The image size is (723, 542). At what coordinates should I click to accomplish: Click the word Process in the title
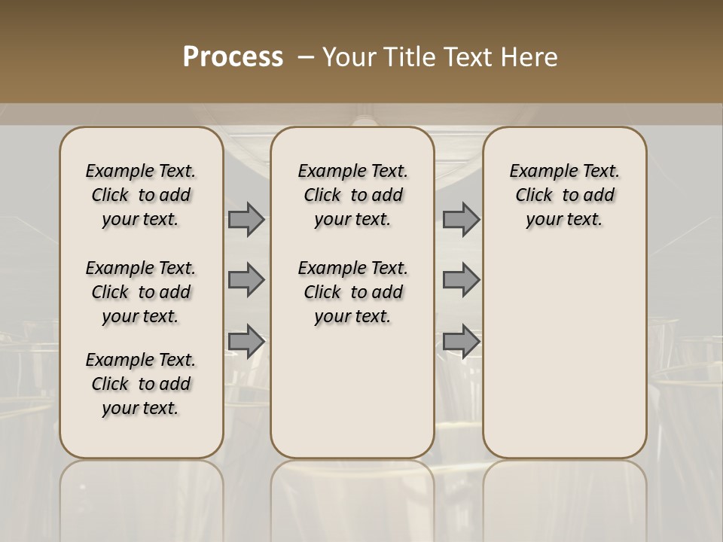tap(233, 56)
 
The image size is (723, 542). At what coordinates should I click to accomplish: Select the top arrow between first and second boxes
tap(246, 219)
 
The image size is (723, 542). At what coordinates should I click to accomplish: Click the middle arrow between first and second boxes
tap(246, 280)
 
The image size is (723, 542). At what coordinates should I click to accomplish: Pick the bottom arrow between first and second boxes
tap(246, 341)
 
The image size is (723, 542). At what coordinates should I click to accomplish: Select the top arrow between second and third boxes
tap(461, 219)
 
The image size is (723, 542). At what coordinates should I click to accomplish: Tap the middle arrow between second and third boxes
tap(461, 280)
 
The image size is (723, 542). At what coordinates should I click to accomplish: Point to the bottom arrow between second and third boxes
tap(461, 341)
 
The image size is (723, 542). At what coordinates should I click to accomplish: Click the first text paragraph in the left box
tap(141, 195)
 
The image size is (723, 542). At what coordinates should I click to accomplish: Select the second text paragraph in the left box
tap(141, 292)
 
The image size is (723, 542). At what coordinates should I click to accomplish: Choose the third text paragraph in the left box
tap(141, 384)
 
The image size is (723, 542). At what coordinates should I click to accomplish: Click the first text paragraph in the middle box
tap(353, 195)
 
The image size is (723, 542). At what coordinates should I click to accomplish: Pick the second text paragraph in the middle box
tap(353, 292)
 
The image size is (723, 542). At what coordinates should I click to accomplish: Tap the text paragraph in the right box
tap(565, 195)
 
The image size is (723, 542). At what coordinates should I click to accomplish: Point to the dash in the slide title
tap(306, 57)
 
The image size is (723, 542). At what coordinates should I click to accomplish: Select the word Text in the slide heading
tap(463, 57)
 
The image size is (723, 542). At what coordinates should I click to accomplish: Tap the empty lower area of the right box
tap(565, 354)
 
